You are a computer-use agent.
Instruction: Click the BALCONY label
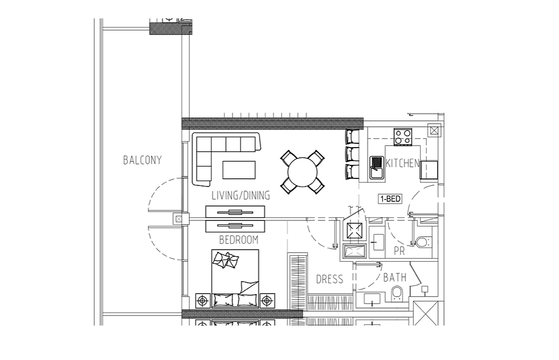coord(142,160)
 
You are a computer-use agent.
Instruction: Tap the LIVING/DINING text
coord(241,195)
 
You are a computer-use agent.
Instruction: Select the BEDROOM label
coord(238,240)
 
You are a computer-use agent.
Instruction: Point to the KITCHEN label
coord(402,163)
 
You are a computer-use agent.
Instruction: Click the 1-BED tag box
coord(390,199)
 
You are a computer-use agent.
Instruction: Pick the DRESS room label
coord(329,279)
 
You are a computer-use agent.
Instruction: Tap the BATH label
coord(395,277)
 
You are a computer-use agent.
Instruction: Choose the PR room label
coord(400,251)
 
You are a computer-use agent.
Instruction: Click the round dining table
coord(302,172)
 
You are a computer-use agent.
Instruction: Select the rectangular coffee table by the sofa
coord(239,170)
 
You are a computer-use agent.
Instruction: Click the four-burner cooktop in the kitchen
coord(403,137)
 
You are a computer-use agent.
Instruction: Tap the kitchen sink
coord(376,168)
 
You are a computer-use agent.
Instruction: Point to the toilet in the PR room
coord(421,242)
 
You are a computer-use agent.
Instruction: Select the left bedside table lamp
coord(203,301)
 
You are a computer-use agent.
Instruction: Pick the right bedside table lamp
coord(267,301)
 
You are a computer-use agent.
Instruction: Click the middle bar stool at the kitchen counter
coord(352,154)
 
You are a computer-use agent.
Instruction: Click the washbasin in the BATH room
coord(372,299)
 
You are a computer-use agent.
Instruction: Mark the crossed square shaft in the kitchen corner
coord(434,131)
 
